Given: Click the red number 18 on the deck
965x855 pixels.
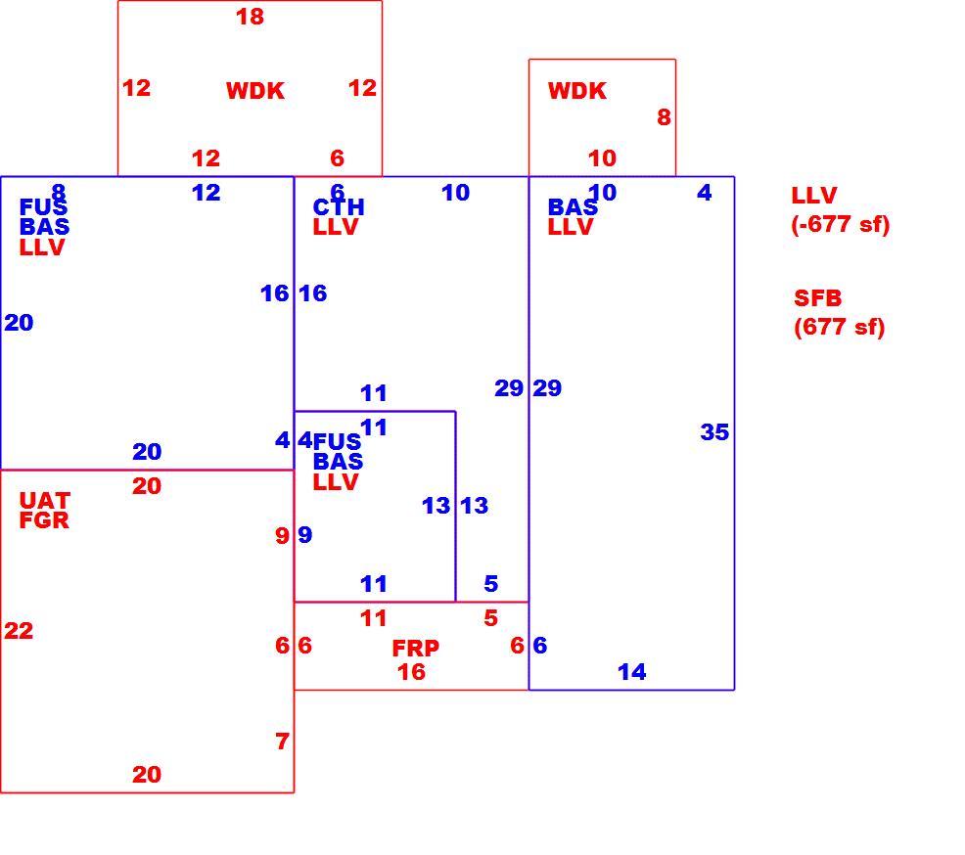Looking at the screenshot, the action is tap(250, 17).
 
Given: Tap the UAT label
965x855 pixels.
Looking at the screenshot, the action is tap(45, 500).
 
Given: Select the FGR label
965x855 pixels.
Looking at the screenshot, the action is tap(44, 520).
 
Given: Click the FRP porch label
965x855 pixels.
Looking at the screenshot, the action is tap(415, 648).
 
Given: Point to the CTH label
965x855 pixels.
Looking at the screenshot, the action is tap(339, 206).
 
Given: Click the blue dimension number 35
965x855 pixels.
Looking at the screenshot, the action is tap(714, 431).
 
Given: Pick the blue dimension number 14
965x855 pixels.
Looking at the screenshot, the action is tap(632, 672).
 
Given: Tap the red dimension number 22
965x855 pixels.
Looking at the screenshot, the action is tap(19, 630).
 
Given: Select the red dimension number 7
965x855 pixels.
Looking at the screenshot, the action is tap(283, 742).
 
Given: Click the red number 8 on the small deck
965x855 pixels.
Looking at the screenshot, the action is tap(664, 116).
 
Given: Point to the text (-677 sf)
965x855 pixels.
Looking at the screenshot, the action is tap(841, 224).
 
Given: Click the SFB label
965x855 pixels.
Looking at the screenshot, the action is tap(817, 298).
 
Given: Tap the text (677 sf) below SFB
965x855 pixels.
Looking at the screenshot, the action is tap(840, 327).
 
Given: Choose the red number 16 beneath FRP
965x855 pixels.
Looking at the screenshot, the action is tap(411, 672).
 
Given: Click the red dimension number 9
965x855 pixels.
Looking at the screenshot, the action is tap(283, 535).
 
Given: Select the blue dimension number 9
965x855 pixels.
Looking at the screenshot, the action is tap(305, 535).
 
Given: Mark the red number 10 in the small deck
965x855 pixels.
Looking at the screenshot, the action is tap(602, 158).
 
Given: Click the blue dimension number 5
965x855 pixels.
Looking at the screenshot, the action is tap(490, 583).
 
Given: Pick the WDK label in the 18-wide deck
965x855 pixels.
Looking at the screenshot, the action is tap(255, 91).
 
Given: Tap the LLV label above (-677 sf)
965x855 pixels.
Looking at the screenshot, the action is tap(814, 196).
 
